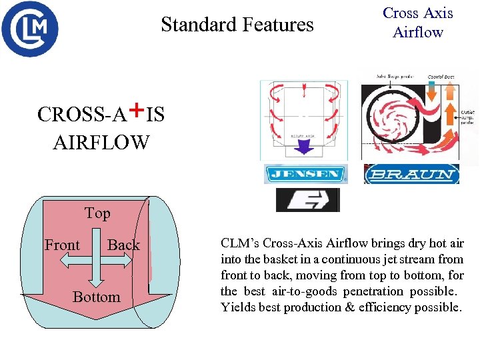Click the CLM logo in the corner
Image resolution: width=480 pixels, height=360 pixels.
coord(29,29)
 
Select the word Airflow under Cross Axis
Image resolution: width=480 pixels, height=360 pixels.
coord(418,32)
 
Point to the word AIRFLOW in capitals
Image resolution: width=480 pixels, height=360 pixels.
coord(101,141)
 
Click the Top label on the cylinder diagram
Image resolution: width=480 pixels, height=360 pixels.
coord(97,213)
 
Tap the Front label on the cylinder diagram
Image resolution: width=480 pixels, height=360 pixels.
coord(62,245)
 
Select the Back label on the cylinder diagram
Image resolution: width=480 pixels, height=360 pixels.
coord(123,245)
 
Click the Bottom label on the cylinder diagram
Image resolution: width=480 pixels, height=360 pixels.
coord(97,297)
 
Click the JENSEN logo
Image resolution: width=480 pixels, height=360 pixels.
coord(305,175)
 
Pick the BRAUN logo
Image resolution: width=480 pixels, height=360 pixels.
coord(411,175)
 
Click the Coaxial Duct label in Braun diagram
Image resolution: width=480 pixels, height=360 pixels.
coord(441,77)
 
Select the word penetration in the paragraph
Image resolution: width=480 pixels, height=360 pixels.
coord(373,291)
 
